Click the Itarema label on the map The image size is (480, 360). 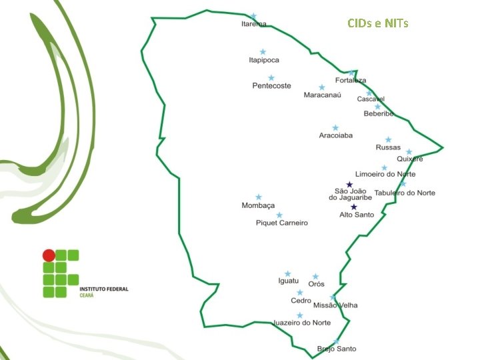coord(253,24)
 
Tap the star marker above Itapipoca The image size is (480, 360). coord(263,52)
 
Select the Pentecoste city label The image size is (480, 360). coord(271,86)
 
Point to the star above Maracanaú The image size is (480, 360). coord(322,87)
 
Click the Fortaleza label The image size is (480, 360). coord(351,81)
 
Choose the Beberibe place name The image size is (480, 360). coord(379,114)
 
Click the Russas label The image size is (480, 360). coord(388,147)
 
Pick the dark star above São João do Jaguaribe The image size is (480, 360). coord(349,185)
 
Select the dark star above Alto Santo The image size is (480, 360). coord(354,207)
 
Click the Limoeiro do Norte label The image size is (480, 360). coord(385,175)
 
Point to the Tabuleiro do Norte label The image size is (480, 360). coord(405,193)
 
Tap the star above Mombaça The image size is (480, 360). coord(259,197)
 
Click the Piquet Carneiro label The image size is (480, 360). coord(282,223)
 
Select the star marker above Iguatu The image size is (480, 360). coord(288,274)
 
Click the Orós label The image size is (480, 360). coord(316,284)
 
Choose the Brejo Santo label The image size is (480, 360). coord(337,349)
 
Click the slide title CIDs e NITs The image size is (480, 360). coord(378,24)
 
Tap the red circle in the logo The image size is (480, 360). coord(49,255)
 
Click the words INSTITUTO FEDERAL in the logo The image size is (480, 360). coord(103,289)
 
